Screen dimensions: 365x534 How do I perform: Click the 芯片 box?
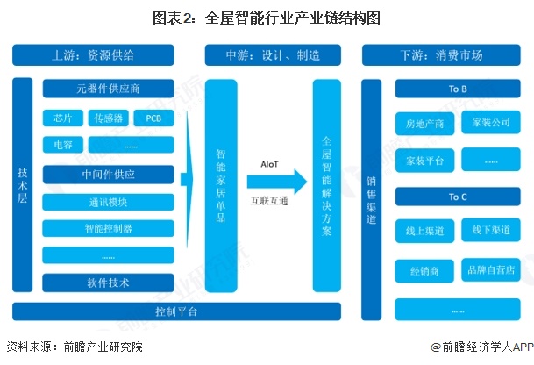coord(63,118)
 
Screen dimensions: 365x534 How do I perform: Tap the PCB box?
coord(153,118)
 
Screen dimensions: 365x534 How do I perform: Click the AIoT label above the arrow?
coord(270,163)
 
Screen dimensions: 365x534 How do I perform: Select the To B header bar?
coord(458,90)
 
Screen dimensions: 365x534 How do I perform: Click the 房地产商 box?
coord(424,123)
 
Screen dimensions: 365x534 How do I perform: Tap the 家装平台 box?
coord(424,160)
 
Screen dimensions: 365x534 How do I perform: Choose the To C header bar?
coord(458,196)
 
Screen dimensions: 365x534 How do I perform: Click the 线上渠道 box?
coord(424,231)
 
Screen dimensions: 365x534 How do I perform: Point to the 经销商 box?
coord(424,268)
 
